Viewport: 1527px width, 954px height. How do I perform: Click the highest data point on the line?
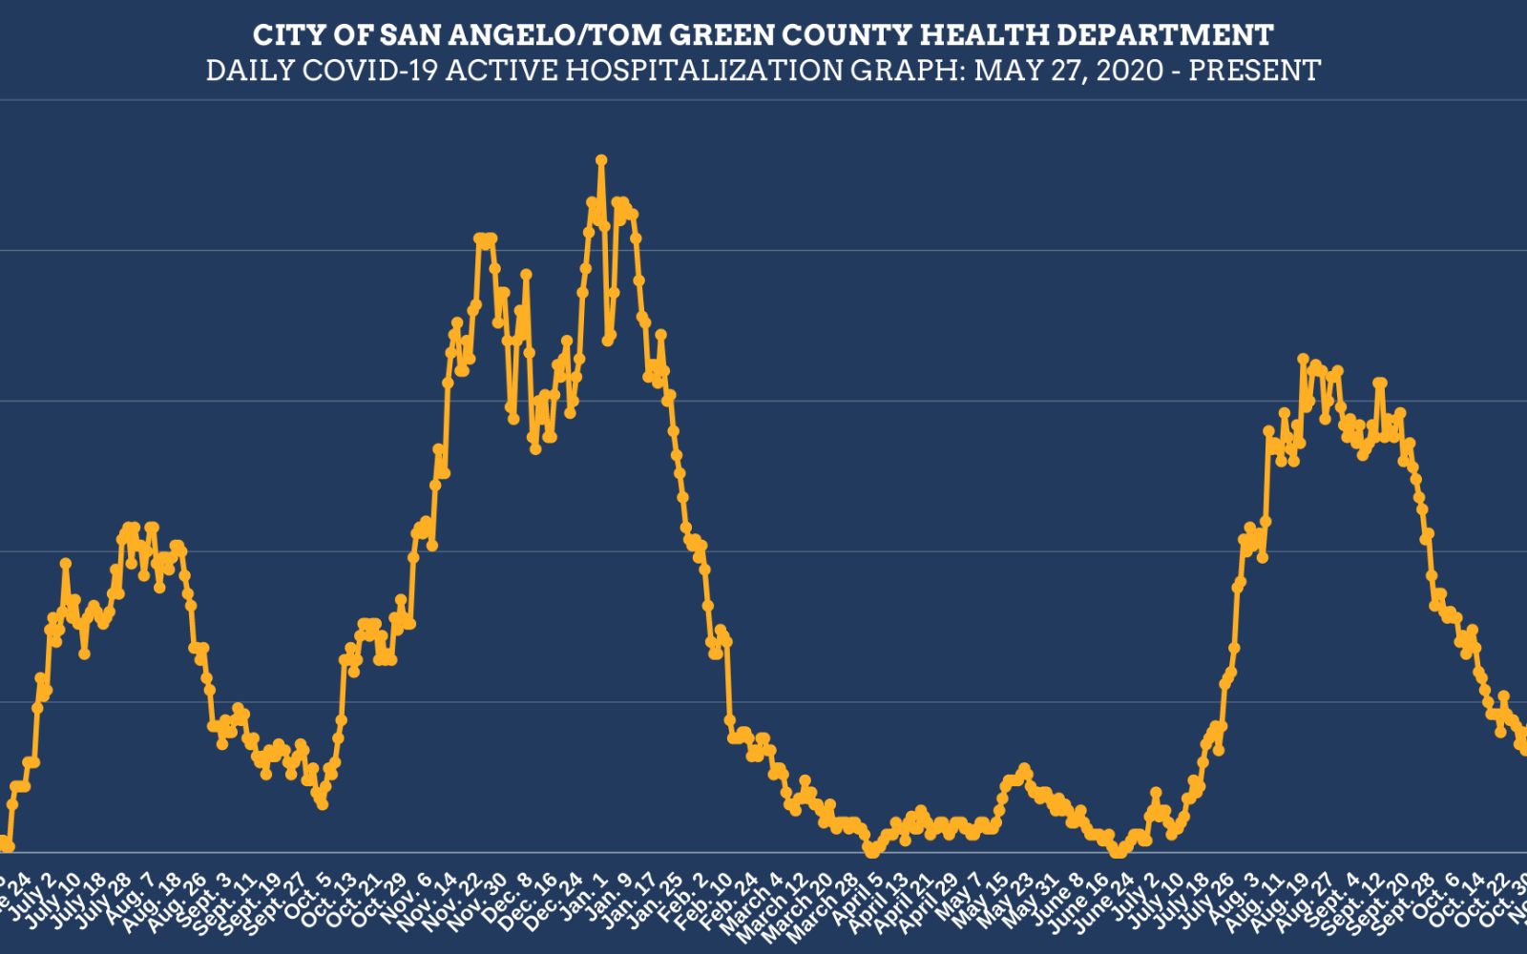pos(601,160)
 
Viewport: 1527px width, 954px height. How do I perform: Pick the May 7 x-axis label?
pos(960,899)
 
